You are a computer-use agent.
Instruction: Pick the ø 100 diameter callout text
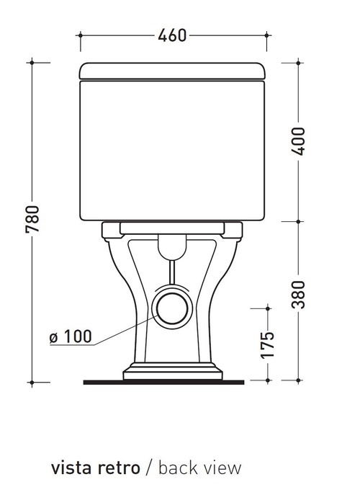pyautogui.click(x=70, y=336)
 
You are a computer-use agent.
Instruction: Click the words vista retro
pyautogui.click(x=95, y=468)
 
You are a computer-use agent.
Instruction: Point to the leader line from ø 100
pyautogui.click(x=122, y=328)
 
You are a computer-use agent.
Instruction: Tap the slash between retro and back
pyautogui.click(x=148, y=468)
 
